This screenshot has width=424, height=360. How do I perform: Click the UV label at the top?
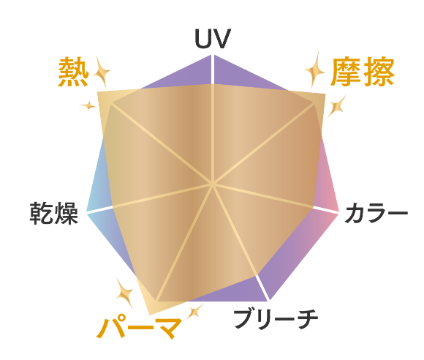213,39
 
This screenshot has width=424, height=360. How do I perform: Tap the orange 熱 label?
74,72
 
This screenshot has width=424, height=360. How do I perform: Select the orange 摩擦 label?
363,72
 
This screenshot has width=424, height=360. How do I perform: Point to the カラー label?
376,213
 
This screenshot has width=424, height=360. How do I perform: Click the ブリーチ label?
276,319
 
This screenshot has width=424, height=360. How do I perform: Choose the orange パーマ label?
140,327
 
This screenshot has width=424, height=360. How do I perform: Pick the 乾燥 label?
54,213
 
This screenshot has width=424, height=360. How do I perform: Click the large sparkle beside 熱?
102,72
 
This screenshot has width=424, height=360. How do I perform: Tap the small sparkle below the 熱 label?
88,105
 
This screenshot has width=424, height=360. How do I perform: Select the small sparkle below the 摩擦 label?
336,106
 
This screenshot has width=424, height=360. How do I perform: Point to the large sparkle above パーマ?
125,293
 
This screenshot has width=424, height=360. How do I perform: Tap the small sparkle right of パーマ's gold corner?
194,312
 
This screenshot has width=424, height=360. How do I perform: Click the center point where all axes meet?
213,184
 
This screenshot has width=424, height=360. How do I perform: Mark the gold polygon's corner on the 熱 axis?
98,92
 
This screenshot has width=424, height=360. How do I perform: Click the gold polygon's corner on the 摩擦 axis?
325,94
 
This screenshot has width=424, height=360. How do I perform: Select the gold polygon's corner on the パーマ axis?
150,315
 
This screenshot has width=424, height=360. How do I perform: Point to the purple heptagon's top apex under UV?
213,55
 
